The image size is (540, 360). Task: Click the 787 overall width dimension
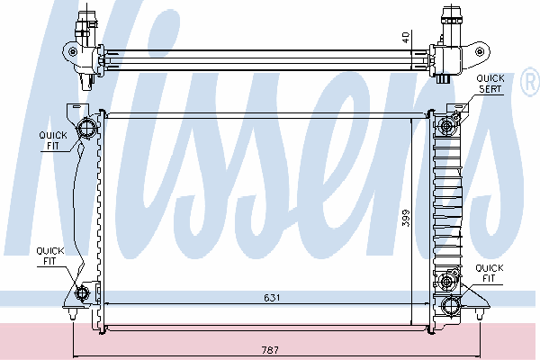(x=270, y=350)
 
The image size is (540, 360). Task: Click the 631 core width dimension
(x=272, y=297)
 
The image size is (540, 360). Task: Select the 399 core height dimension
(x=407, y=218)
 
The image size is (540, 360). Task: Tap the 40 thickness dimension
(x=407, y=37)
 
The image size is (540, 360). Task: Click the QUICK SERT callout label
(x=490, y=84)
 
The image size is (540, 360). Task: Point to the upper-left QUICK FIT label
(x=53, y=140)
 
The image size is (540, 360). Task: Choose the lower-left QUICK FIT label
(x=50, y=256)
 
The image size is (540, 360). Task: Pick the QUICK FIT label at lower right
(x=490, y=273)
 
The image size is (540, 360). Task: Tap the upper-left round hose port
(x=86, y=129)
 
